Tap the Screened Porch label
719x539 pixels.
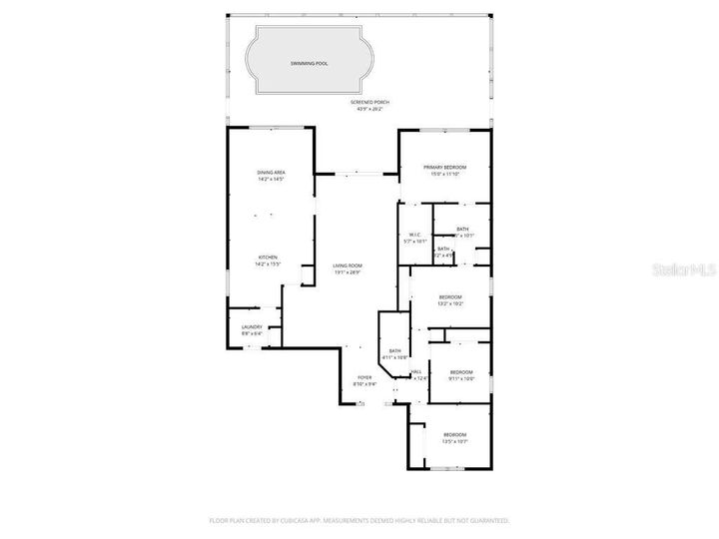369,103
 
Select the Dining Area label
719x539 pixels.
272,173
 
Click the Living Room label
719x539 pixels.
348,266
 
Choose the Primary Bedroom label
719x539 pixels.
444,167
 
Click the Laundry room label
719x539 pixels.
252,326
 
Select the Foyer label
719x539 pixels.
364,377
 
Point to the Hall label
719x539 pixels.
416,371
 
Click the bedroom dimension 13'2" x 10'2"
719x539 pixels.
450,303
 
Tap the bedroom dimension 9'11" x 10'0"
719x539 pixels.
460,378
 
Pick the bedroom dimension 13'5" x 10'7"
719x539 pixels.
455,440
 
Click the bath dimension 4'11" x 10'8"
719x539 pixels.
395,356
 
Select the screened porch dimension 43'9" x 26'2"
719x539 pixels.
369,109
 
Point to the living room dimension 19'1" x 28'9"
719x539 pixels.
348,271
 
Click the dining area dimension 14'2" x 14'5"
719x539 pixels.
272,179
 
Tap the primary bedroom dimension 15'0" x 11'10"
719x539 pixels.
444,174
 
